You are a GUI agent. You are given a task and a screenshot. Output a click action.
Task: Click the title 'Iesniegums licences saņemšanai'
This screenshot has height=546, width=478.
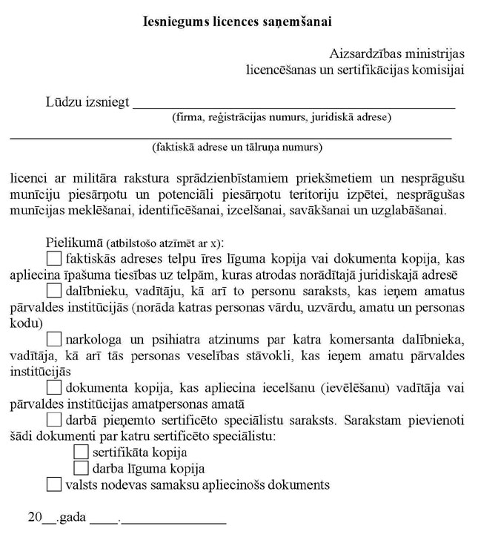click(x=236, y=22)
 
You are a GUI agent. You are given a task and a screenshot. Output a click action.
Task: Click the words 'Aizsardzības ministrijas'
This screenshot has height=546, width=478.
click(x=396, y=54)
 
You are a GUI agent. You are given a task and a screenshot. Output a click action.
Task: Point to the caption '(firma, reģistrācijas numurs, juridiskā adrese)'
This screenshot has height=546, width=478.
click(x=282, y=117)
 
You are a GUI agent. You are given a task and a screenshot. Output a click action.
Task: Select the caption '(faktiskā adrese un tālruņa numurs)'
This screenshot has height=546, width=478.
click(x=237, y=147)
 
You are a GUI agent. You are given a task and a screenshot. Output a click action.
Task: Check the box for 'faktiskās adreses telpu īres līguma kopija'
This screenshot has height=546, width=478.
click(x=54, y=259)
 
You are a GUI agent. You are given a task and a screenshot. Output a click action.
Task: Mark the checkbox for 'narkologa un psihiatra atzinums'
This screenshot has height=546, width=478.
click(x=54, y=340)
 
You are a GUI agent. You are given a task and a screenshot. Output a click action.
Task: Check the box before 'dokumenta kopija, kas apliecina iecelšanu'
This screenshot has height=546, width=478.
click(x=54, y=387)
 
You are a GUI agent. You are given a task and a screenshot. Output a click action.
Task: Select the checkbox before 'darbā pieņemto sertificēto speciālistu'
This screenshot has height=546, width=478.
click(x=54, y=420)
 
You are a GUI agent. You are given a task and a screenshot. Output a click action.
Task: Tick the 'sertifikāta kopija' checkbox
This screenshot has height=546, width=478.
click(x=82, y=452)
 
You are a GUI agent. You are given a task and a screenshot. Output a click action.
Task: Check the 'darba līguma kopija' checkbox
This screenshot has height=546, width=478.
click(x=82, y=468)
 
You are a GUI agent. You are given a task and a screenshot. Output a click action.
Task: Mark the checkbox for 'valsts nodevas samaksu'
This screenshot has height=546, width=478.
click(x=54, y=485)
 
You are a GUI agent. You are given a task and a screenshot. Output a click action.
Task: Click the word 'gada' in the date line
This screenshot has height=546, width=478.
click(x=73, y=518)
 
